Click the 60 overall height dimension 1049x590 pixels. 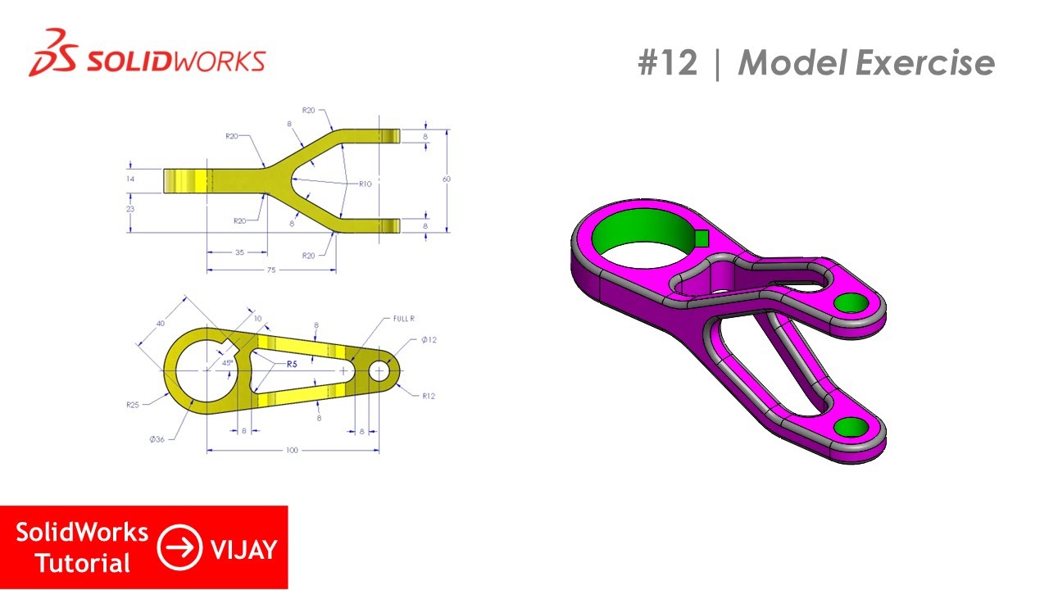click(447, 179)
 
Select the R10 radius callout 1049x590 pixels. click(365, 184)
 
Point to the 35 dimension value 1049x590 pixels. click(239, 252)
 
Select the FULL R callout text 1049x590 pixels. click(404, 319)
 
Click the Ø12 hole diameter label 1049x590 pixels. click(429, 340)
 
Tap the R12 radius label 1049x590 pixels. click(429, 396)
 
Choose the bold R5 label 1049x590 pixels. click(291, 363)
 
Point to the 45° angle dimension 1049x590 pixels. click(227, 361)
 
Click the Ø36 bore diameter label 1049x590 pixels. click(158, 439)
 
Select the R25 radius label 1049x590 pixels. click(134, 405)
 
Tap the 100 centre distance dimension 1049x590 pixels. click(292, 451)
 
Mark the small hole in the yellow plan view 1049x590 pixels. click(379, 371)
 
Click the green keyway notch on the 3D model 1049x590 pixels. click(702, 238)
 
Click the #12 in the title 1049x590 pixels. click(667, 63)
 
